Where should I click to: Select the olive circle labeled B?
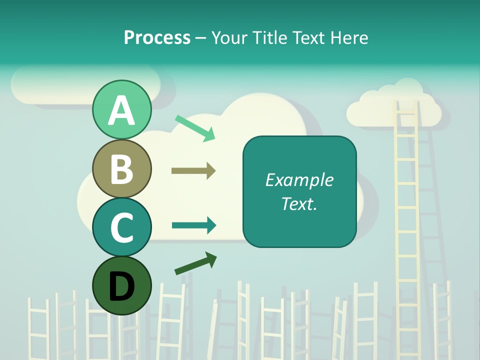pyautogui.click(x=121, y=168)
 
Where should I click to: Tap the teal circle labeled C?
pyautogui.click(x=121, y=227)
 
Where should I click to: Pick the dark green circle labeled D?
pyautogui.click(x=121, y=285)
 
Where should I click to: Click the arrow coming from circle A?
pyautogui.click(x=195, y=127)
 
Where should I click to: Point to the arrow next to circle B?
pyautogui.click(x=193, y=171)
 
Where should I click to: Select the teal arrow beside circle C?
pyautogui.click(x=194, y=225)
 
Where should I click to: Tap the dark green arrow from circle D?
pyautogui.click(x=195, y=264)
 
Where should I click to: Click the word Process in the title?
pyautogui.click(x=157, y=37)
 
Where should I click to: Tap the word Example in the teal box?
pyautogui.click(x=299, y=180)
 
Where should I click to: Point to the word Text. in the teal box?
pyautogui.click(x=299, y=203)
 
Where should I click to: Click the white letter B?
pyautogui.click(x=121, y=168)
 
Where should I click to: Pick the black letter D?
pyautogui.click(x=121, y=286)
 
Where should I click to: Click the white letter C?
pyautogui.click(x=121, y=227)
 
